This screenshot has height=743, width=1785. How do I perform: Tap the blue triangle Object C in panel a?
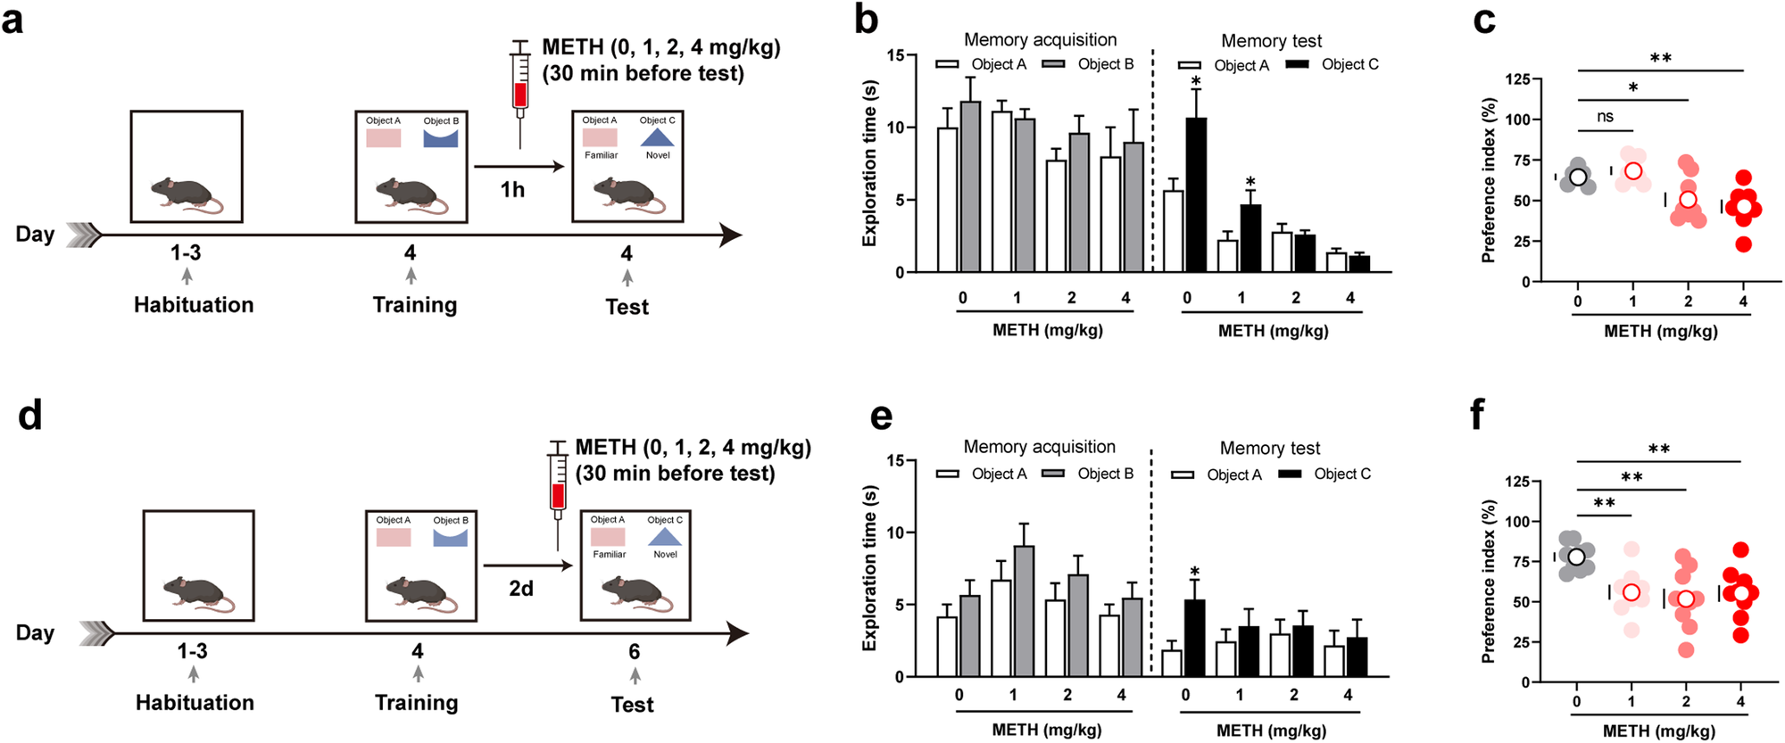coord(658,137)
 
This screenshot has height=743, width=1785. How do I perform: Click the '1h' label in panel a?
coord(512,189)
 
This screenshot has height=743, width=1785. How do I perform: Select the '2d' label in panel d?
coord(521,589)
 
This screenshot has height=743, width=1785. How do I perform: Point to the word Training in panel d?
coord(417,703)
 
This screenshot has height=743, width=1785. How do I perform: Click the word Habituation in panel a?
coord(194,305)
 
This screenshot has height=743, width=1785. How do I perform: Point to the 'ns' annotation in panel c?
coord(1605,116)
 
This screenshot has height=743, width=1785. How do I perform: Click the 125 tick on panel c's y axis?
coord(1517,79)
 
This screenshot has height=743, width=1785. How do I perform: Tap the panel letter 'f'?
coord(1478,415)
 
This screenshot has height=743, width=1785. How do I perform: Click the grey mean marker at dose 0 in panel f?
coord(1576,557)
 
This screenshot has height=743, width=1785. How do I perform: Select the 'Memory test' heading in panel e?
coord(1270,448)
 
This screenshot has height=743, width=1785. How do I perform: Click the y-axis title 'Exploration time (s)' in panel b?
coord(869,163)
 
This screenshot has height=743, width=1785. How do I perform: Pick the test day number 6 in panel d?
coord(634,651)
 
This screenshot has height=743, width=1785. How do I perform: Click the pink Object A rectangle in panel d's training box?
coord(394,537)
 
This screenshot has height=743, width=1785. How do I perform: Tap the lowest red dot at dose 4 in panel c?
coord(1743,244)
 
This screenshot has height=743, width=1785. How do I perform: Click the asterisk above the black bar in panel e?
coord(1194,572)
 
